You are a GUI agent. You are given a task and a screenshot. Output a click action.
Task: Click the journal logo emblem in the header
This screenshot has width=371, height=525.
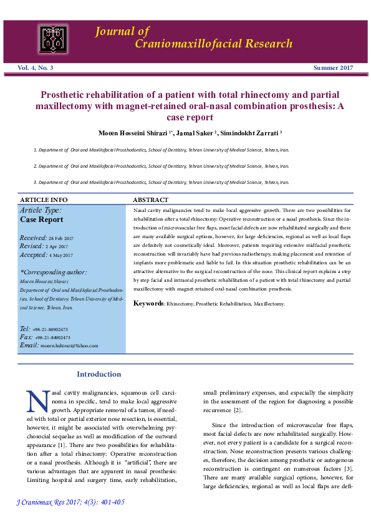[54, 39]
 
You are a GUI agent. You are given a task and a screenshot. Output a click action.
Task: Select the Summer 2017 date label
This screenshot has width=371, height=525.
[332, 67]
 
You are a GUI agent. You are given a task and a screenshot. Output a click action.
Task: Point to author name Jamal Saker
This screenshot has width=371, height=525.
[195, 133]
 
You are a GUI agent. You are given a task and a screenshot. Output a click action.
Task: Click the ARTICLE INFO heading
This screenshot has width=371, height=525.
[44, 200]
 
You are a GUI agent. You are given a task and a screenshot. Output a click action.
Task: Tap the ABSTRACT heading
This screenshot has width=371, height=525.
[151, 200]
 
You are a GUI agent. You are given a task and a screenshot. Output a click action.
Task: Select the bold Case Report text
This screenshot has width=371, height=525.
[42, 219]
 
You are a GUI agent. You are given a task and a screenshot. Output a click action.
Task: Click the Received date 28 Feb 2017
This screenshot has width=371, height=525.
[61, 239]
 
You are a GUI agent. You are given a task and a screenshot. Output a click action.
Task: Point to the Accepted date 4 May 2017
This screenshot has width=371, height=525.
[60, 255]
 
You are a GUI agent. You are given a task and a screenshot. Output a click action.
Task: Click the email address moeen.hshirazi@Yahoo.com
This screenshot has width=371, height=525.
[69, 345]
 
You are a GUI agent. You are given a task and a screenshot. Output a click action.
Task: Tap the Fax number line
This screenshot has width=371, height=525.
[51, 337]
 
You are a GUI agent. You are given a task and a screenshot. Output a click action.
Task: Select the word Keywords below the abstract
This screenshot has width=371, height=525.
[149, 303]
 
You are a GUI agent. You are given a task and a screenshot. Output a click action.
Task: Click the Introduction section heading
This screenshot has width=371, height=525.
[99, 374]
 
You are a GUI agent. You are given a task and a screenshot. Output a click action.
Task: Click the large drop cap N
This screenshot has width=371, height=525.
[38, 401]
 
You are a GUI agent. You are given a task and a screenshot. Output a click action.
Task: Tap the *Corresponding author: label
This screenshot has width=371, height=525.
[54, 272]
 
